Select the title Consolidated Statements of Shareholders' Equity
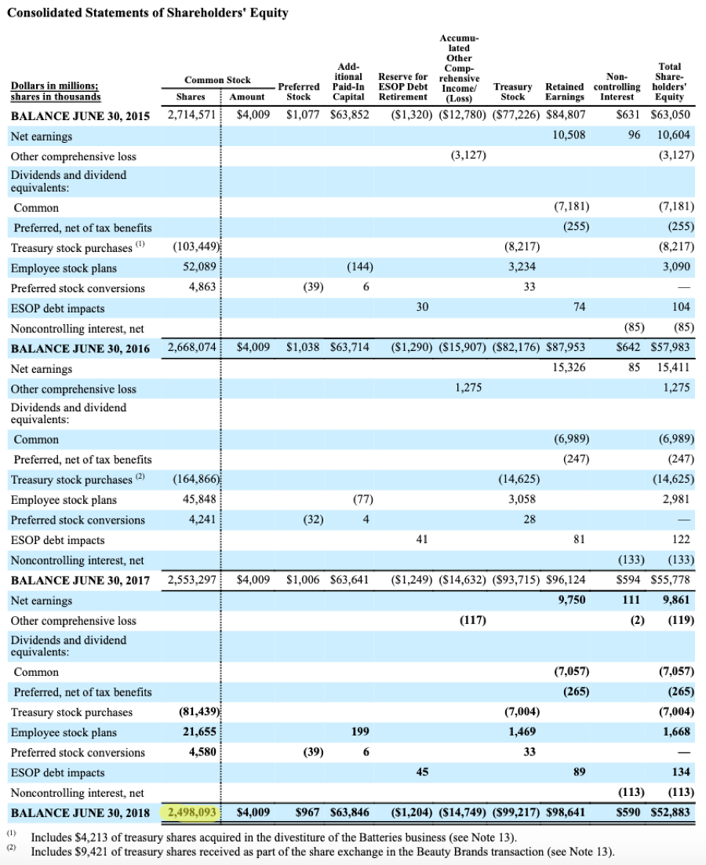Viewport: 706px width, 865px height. (x=147, y=13)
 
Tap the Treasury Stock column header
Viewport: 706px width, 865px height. (x=512, y=92)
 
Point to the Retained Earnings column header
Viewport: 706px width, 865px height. (x=565, y=92)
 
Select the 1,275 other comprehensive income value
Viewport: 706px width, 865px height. (x=469, y=389)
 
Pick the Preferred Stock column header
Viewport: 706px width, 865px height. (x=299, y=92)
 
